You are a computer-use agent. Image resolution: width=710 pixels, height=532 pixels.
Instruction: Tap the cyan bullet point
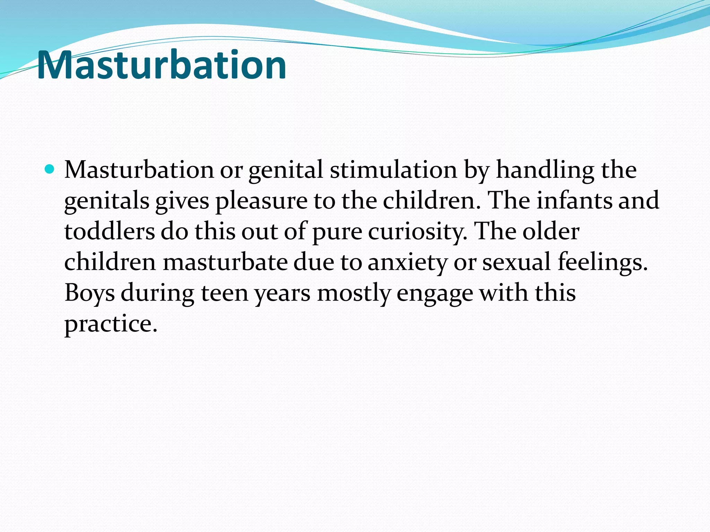(50, 169)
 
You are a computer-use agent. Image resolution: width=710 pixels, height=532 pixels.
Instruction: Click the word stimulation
(393, 170)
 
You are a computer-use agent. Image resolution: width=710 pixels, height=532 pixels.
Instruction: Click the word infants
(574, 201)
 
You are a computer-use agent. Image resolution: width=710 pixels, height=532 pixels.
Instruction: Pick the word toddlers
(110, 231)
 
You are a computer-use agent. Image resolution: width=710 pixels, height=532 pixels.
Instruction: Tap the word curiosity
(417, 232)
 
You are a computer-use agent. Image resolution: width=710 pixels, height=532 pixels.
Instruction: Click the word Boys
(89, 293)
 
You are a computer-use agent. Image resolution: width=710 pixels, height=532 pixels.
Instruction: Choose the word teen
(225, 293)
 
